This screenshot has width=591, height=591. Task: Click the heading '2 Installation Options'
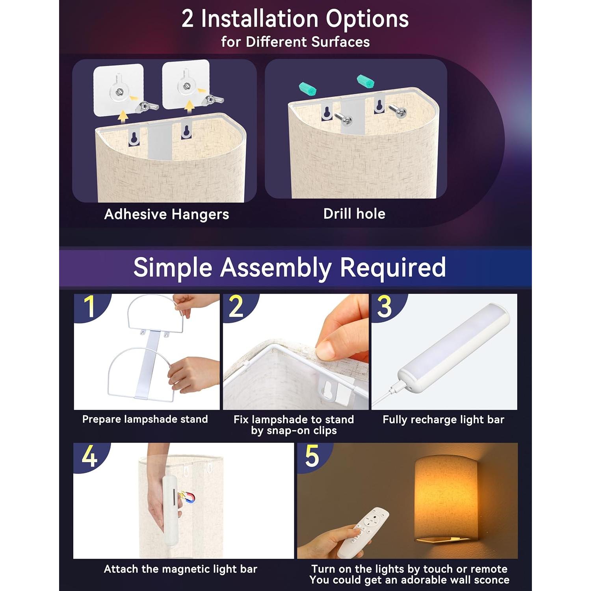click(x=295, y=19)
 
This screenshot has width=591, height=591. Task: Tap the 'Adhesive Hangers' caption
click(x=166, y=214)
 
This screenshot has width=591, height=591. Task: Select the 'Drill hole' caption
click(x=354, y=214)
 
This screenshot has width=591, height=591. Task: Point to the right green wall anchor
click(x=366, y=81)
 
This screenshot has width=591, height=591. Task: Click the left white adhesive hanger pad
click(x=118, y=90)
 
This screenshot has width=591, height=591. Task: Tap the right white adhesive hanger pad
click(x=186, y=84)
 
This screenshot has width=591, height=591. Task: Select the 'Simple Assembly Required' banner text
click(x=290, y=268)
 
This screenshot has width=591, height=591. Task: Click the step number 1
click(x=90, y=306)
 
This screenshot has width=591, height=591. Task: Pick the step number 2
click(x=236, y=306)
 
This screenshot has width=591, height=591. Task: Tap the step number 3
click(x=385, y=306)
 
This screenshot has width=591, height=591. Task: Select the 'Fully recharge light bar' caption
click(x=443, y=420)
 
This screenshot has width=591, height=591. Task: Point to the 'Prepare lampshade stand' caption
click(x=145, y=419)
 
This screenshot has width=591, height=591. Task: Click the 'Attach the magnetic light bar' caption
click(x=180, y=569)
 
